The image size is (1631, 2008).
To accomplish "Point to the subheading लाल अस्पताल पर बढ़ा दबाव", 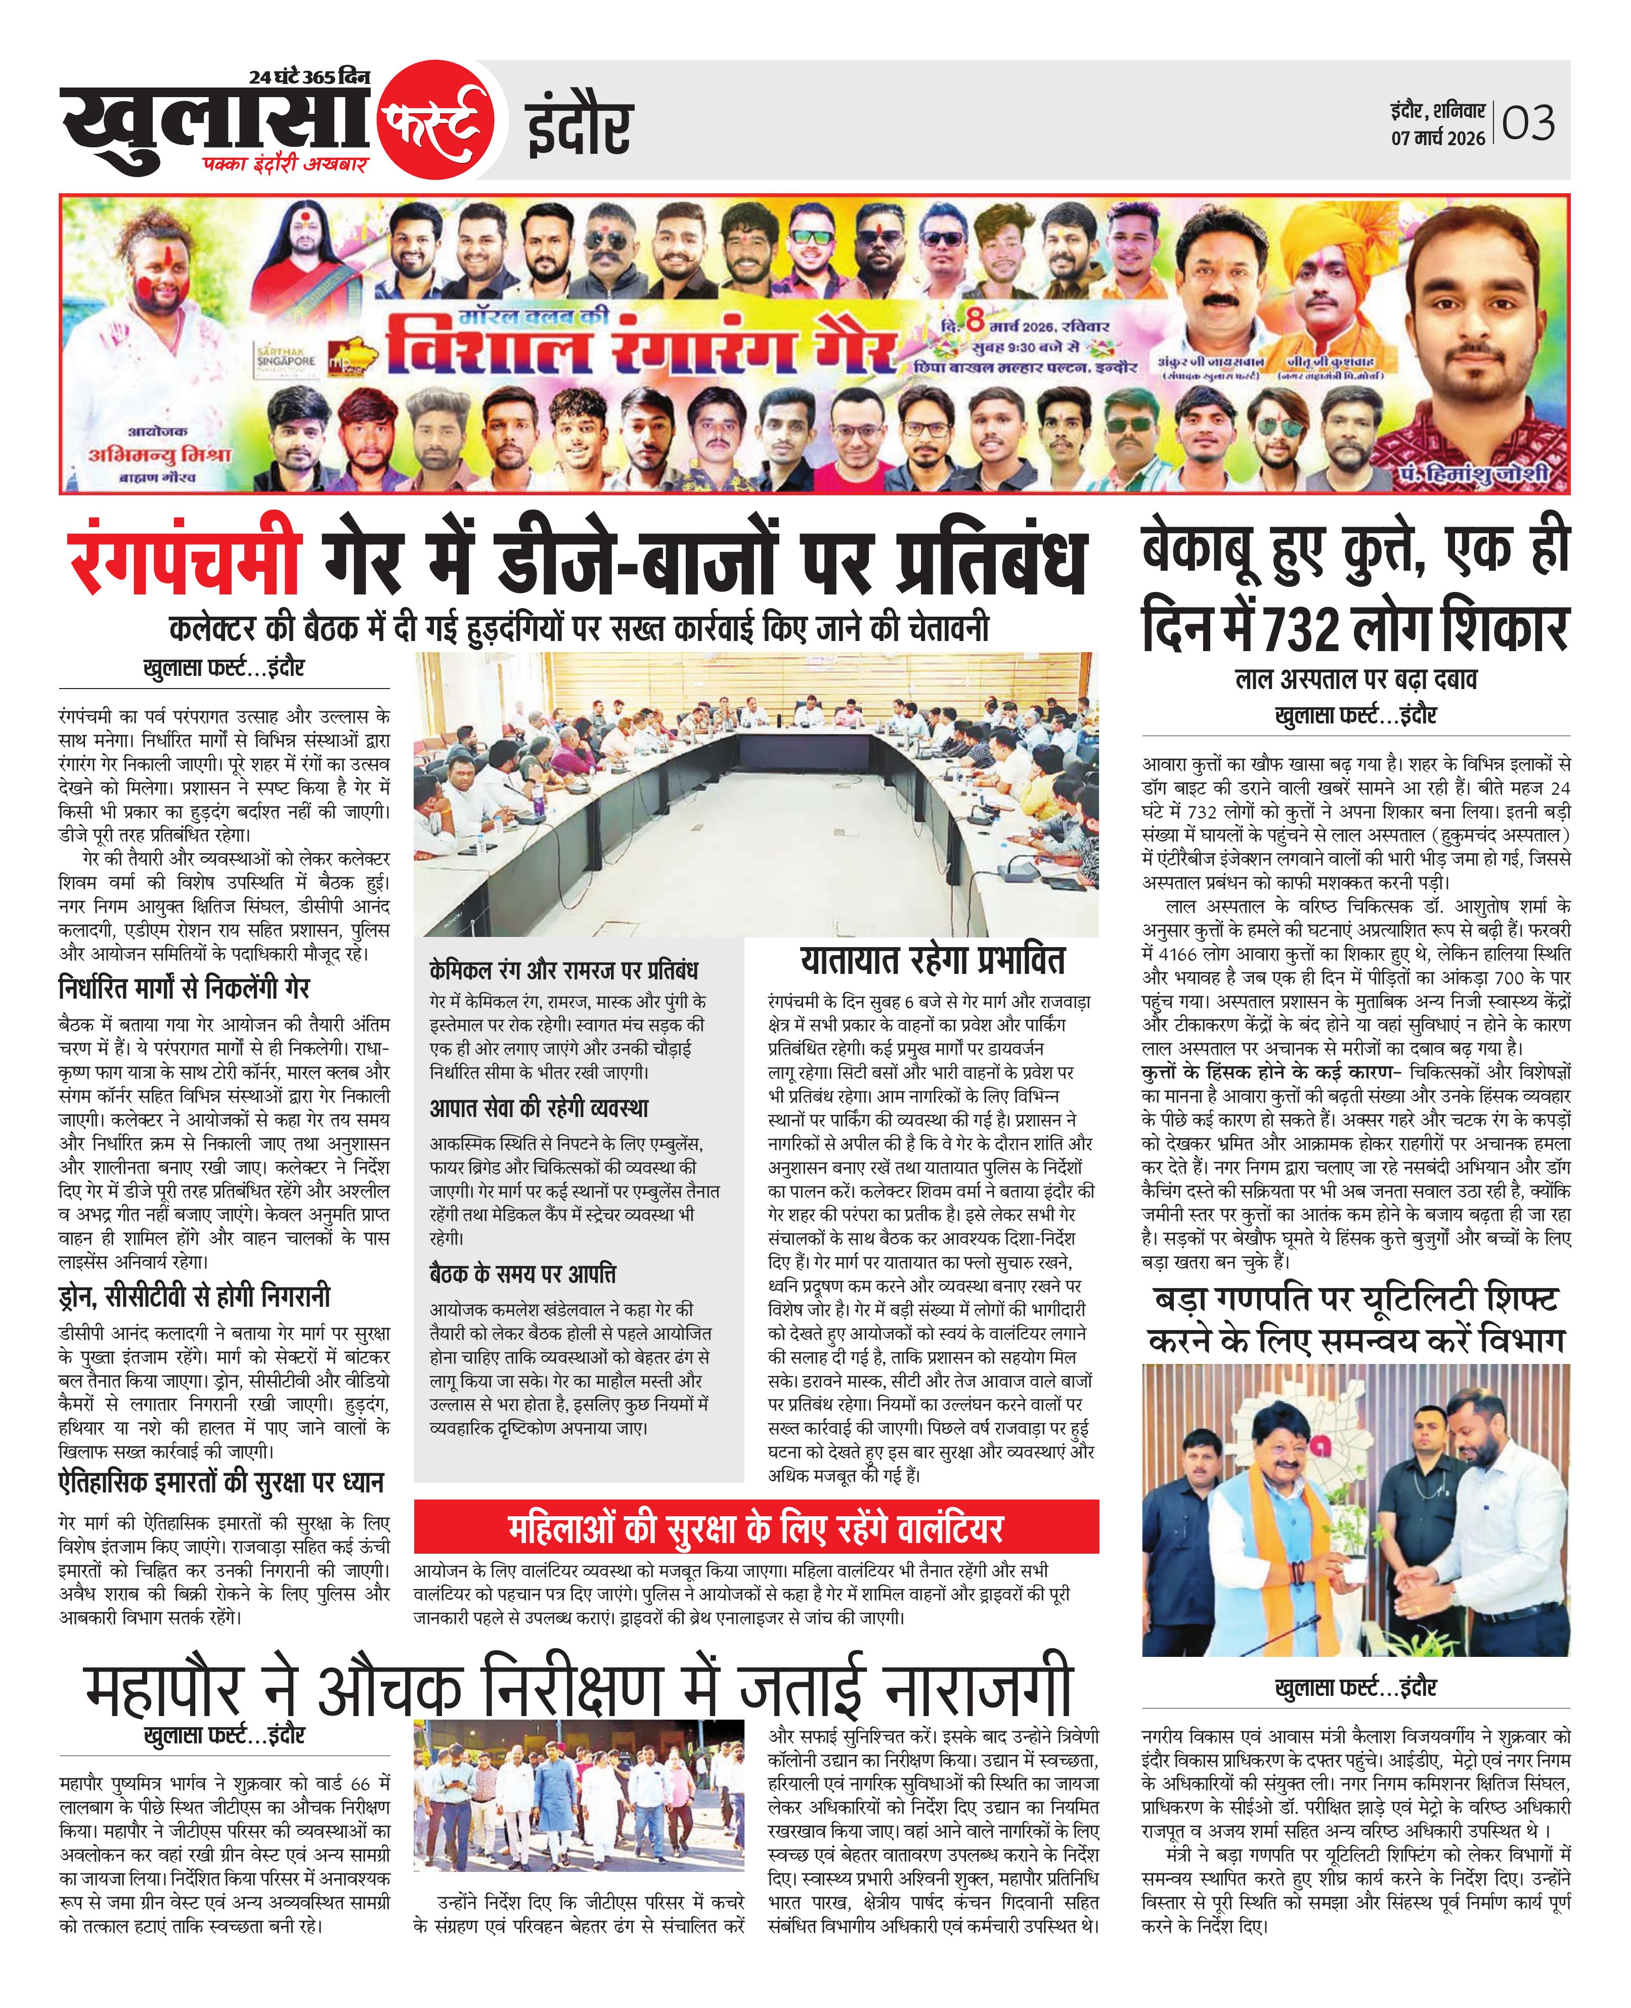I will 1356,678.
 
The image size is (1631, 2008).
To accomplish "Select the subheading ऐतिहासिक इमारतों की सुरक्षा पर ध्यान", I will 221,1482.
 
